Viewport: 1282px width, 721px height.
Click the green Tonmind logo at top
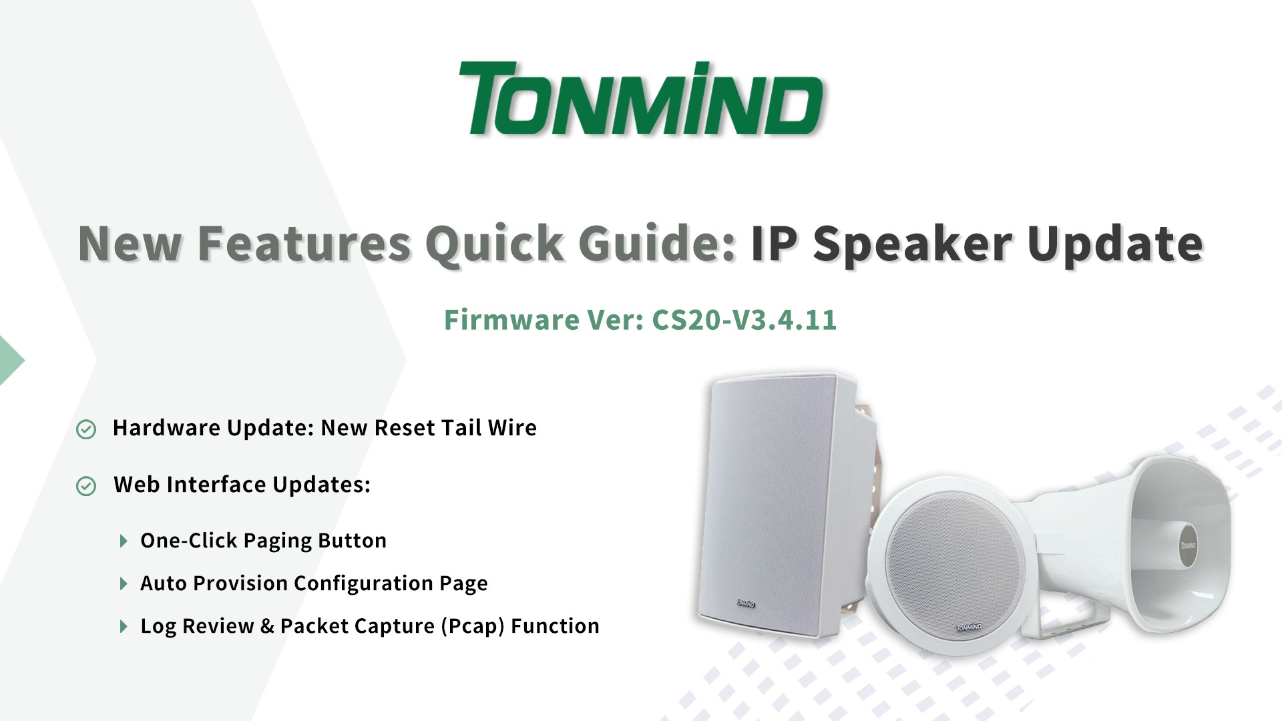641,99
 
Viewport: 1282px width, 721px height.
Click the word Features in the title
304,243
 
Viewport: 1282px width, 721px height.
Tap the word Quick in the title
495,244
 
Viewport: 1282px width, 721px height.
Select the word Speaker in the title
912,244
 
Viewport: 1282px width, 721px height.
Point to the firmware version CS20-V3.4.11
744,320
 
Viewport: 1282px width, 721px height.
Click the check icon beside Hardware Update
86,429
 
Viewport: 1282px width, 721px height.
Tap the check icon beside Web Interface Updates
86,486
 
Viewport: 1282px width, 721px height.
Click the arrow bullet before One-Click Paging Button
124,541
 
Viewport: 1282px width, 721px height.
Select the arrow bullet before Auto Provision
124,584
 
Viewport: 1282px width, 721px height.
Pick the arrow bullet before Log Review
124,626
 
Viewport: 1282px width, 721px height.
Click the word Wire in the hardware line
512,428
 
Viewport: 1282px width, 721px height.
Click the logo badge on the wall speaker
746,604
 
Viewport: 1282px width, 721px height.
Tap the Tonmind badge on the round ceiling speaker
969,628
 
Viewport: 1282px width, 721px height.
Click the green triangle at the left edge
12,360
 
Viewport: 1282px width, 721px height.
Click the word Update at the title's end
1115,244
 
